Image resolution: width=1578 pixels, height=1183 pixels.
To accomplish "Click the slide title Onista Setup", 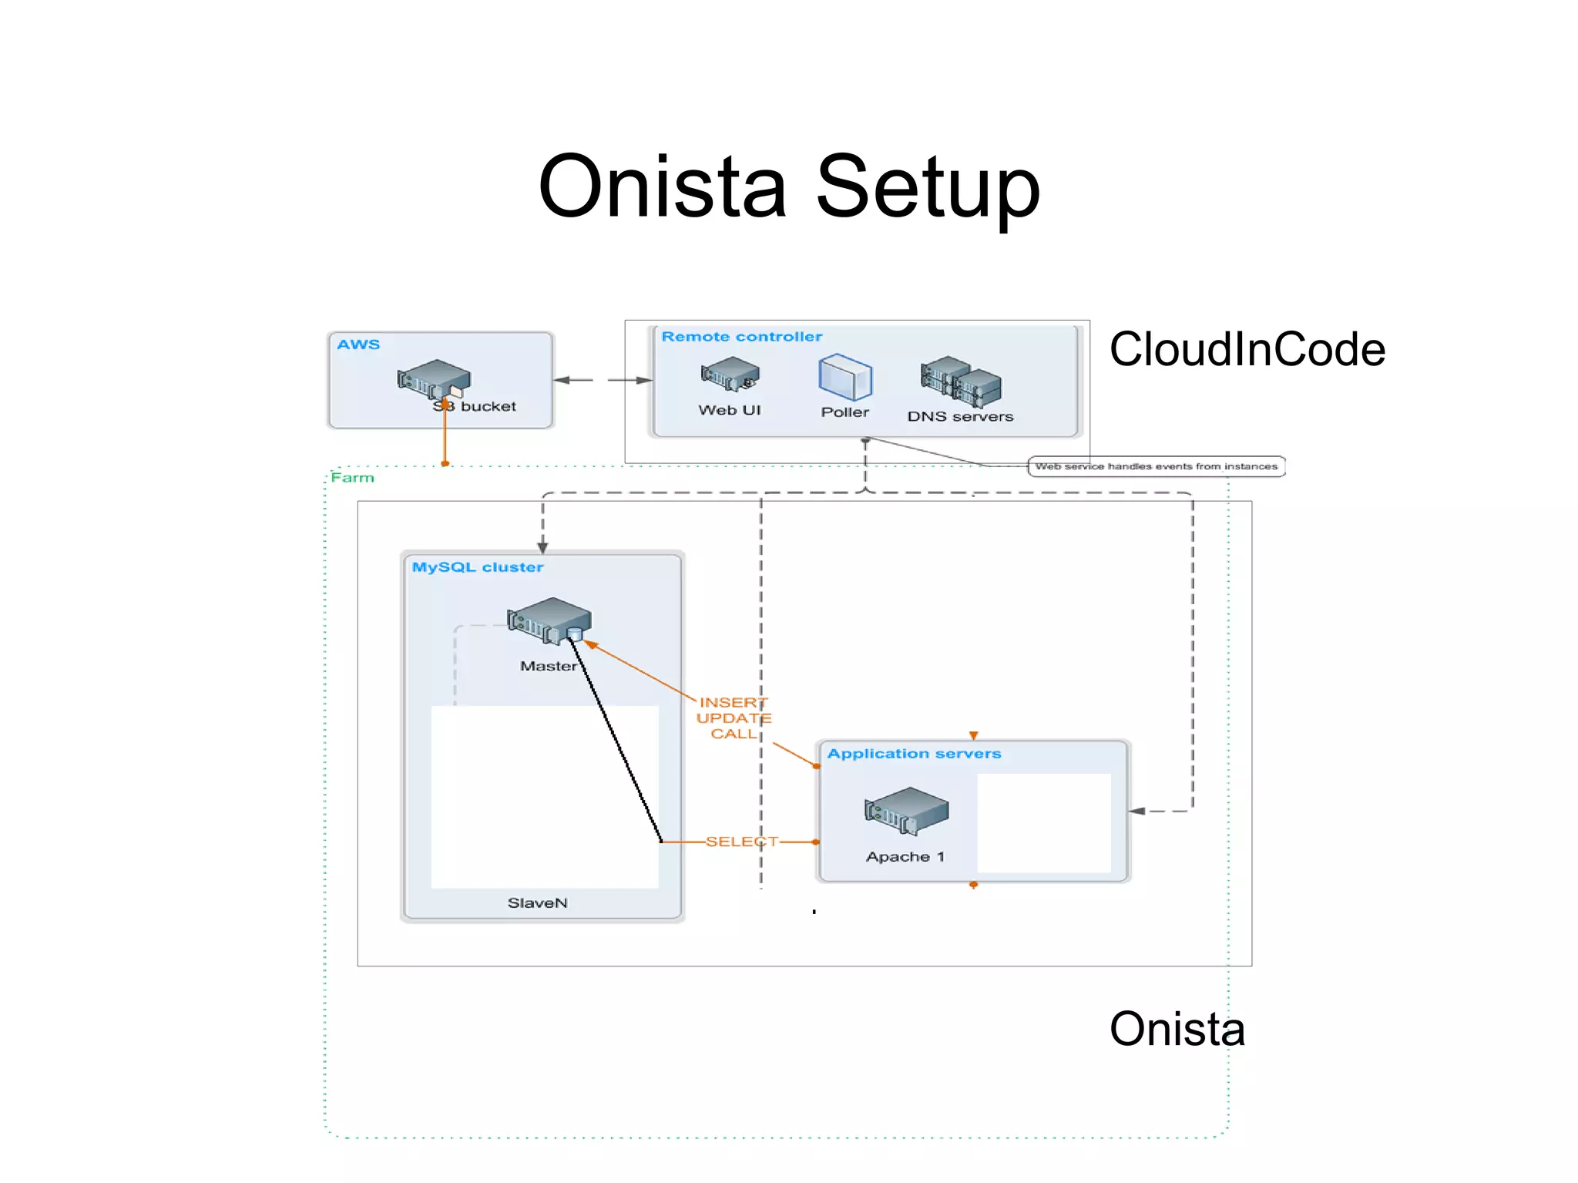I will coord(789,187).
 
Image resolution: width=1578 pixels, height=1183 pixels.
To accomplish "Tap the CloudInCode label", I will coord(1247,349).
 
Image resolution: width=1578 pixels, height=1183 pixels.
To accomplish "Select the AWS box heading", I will coord(358,344).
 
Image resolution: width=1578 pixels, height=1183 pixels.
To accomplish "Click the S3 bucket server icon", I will coord(434,378).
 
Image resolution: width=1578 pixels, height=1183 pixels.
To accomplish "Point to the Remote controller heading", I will coord(741,337).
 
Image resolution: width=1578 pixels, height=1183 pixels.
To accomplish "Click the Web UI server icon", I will coord(730,374).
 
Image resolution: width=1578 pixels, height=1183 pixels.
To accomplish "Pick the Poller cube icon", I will coord(844,378).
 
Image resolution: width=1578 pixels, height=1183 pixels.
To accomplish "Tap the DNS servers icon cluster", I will coord(961,381).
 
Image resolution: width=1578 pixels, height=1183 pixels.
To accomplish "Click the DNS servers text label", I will coord(960,417).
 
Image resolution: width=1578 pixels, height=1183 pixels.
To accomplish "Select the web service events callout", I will coord(1156,466).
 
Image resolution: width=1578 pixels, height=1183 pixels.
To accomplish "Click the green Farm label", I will coord(353,478).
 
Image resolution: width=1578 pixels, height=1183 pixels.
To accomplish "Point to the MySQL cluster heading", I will coord(477,567).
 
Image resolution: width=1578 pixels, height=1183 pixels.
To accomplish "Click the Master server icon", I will coord(549,620).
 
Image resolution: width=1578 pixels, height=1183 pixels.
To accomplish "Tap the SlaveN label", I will coord(537,902).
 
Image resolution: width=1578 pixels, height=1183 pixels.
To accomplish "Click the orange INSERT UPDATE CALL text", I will coord(733,718).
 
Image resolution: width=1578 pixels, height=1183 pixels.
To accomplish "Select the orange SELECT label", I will coord(741,842).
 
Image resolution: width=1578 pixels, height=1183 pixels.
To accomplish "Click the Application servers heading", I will coord(914,754).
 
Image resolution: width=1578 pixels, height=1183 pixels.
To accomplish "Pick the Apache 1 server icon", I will coord(906,811).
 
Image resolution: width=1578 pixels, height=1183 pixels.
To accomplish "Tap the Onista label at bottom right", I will coord(1177,1029).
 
